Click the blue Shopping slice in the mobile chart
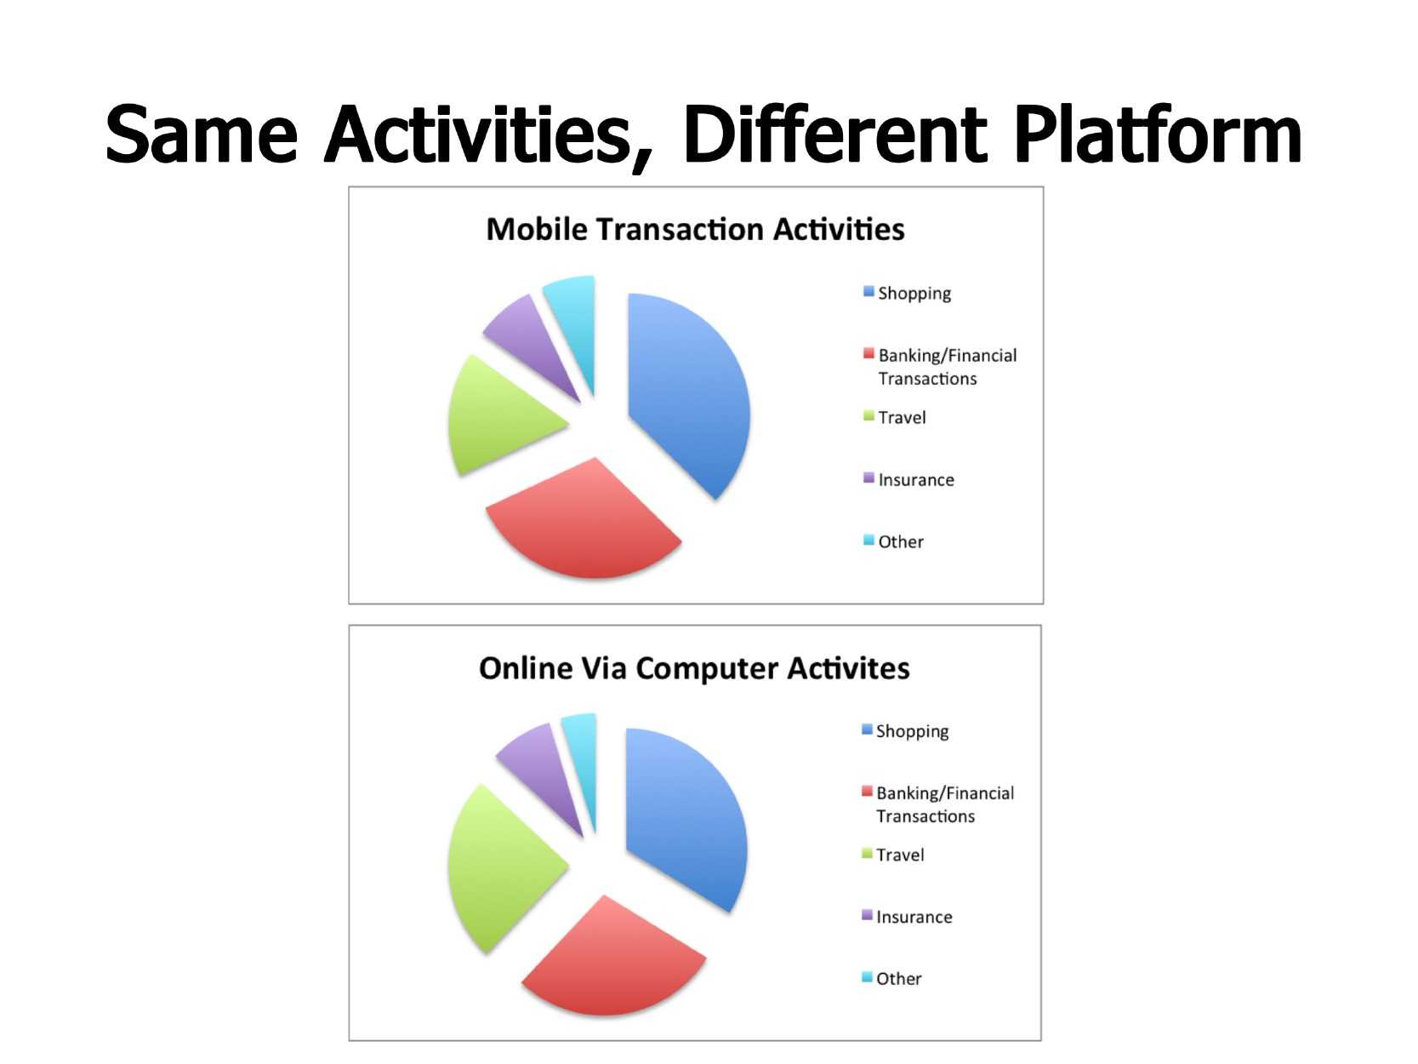click(685, 394)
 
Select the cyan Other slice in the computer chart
click(582, 757)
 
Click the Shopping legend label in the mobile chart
click(914, 294)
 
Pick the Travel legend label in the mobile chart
click(902, 418)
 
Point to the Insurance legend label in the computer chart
click(914, 918)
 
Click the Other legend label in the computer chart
click(898, 979)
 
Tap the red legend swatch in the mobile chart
click(868, 353)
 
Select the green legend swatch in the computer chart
click(867, 853)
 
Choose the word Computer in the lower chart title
click(707, 669)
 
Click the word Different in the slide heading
click(834, 134)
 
